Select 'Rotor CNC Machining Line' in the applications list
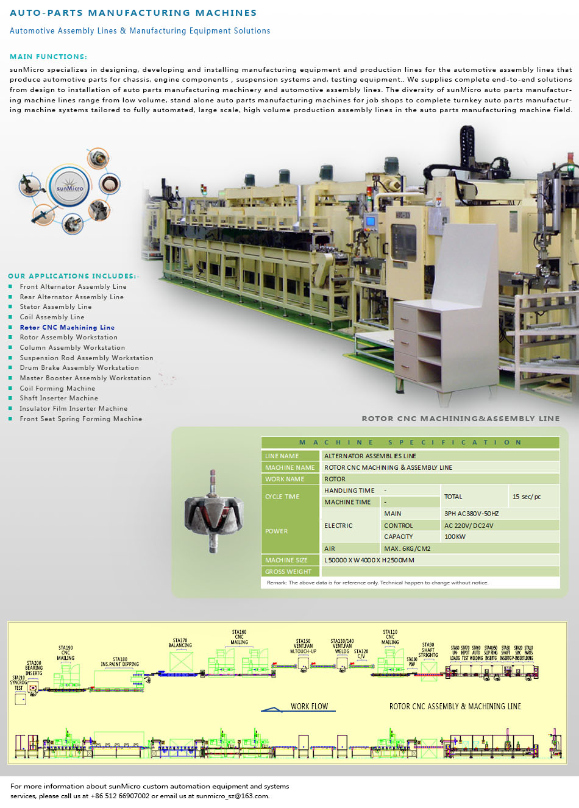(x=67, y=327)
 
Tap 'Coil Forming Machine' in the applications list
(x=57, y=388)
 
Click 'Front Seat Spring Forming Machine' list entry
(x=80, y=419)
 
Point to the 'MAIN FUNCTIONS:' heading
(x=48, y=57)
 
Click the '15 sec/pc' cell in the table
(x=526, y=497)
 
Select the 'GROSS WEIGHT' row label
(x=288, y=572)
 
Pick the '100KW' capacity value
(x=455, y=537)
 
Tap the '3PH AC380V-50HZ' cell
(x=471, y=514)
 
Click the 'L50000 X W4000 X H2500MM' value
(x=369, y=560)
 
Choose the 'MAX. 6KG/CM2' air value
(x=407, y=548)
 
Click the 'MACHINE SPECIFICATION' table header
(x=410, y=442)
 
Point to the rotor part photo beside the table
(x=213, y=512)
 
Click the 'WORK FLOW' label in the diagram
(x=309, y=707)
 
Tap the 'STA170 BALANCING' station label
(x=180, y=643)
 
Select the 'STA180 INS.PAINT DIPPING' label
(x=119, y=662)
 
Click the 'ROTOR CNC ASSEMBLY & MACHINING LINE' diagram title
(x=455, y=707)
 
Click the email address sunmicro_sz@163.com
(x=232, y=796)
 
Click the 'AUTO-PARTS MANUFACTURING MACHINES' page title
(x=133, y=13)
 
